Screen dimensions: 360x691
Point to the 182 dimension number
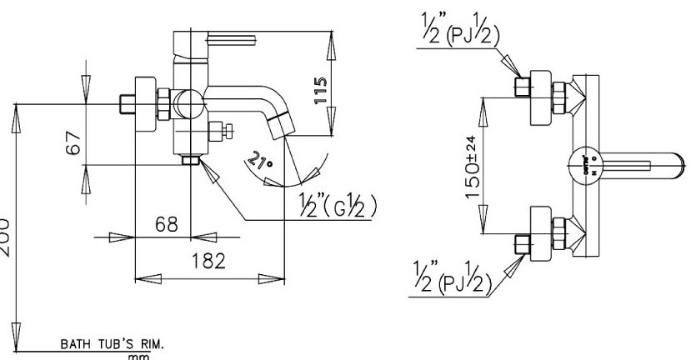pyautogui.click(x=207, y=261)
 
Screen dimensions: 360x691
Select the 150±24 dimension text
pyautogui.click(x=473, y=164)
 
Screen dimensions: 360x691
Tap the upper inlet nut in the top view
pyautogui.click(x=523, y=87)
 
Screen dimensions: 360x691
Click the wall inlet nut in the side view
pyautogui.click(x=128, y=105)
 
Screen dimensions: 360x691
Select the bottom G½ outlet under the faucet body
pyautogui.click(x=193, y=158)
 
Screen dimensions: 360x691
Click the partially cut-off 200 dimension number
pyautogui.click(x=5, y=229)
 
